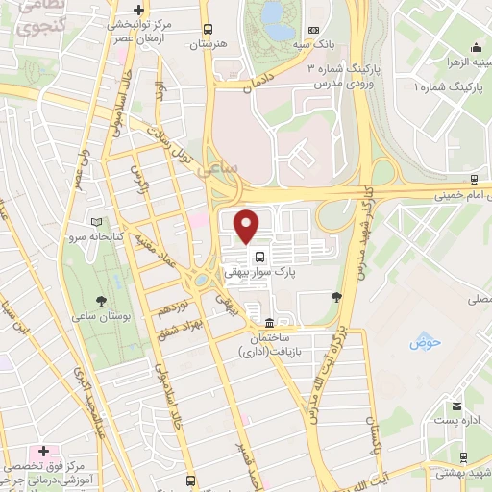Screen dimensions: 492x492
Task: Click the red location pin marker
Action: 248,225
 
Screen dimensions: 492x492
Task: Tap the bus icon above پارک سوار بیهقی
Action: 259,256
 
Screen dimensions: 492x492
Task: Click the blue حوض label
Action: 423,341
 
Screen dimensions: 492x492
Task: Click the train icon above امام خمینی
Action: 475,180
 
